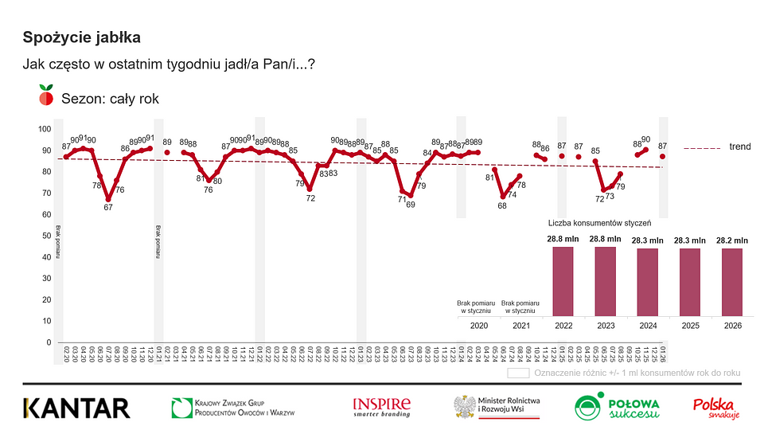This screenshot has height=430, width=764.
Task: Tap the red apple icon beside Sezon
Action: coord(46,97)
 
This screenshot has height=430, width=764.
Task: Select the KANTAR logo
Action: coord(76,408)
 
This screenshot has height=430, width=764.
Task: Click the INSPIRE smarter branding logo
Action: coord(382,407)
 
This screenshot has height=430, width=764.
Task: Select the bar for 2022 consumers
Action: coord(563,280)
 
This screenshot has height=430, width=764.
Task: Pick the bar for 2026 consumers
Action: coord(731,281)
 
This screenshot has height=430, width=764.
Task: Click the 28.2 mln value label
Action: coord(731,240)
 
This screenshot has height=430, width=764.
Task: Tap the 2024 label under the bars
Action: coord(647,325)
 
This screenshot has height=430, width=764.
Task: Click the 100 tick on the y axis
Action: coord(45,129)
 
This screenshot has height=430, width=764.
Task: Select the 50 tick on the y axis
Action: coord(45,236)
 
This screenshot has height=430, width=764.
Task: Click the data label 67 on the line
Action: coord(108,207)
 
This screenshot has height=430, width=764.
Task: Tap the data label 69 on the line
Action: coord(411,204)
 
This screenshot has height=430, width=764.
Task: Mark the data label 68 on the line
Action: coord(502,205)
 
